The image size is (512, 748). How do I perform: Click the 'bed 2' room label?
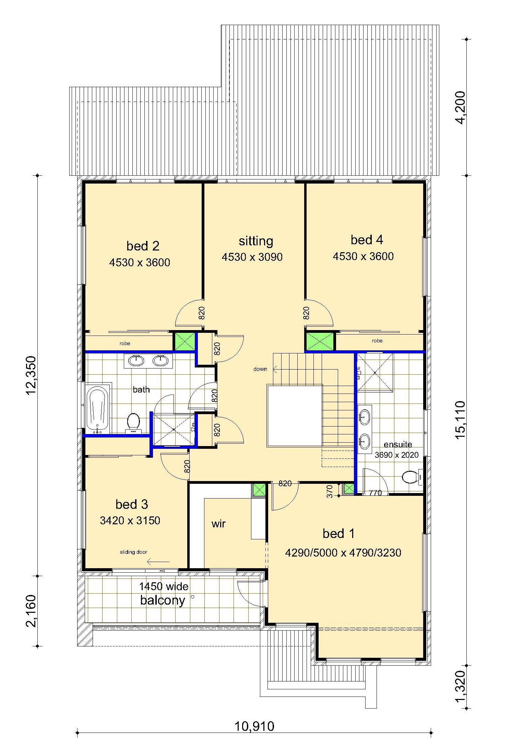(x=143, y=246)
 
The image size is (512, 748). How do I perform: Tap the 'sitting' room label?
(x=256, y=241)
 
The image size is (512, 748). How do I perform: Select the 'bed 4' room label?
(x=367, y=240)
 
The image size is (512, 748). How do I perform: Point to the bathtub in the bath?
(x=98, y=408)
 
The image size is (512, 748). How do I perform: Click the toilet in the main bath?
(x=133, y=423)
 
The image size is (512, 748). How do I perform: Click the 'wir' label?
(x=218, y=524)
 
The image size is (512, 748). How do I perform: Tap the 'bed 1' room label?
(x=338, y=534)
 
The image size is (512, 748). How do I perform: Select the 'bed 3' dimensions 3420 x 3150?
(x=130, y=521)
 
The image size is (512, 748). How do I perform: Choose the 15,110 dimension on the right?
(x=461, y=420)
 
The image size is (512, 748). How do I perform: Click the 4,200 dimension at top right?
(x=461, y=107)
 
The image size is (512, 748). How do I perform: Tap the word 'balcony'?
(x=163, y=600)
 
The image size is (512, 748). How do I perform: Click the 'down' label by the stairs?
(x=260, y=369)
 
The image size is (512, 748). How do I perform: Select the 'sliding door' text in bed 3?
(x=133, y=552)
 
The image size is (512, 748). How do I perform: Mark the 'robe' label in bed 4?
(x=377, y=341)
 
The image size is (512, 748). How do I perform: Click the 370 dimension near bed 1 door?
(x=330, y=491)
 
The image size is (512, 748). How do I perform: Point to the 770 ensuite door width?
(x=376, y=493)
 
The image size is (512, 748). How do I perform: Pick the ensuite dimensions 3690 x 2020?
(x=397, y=455)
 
